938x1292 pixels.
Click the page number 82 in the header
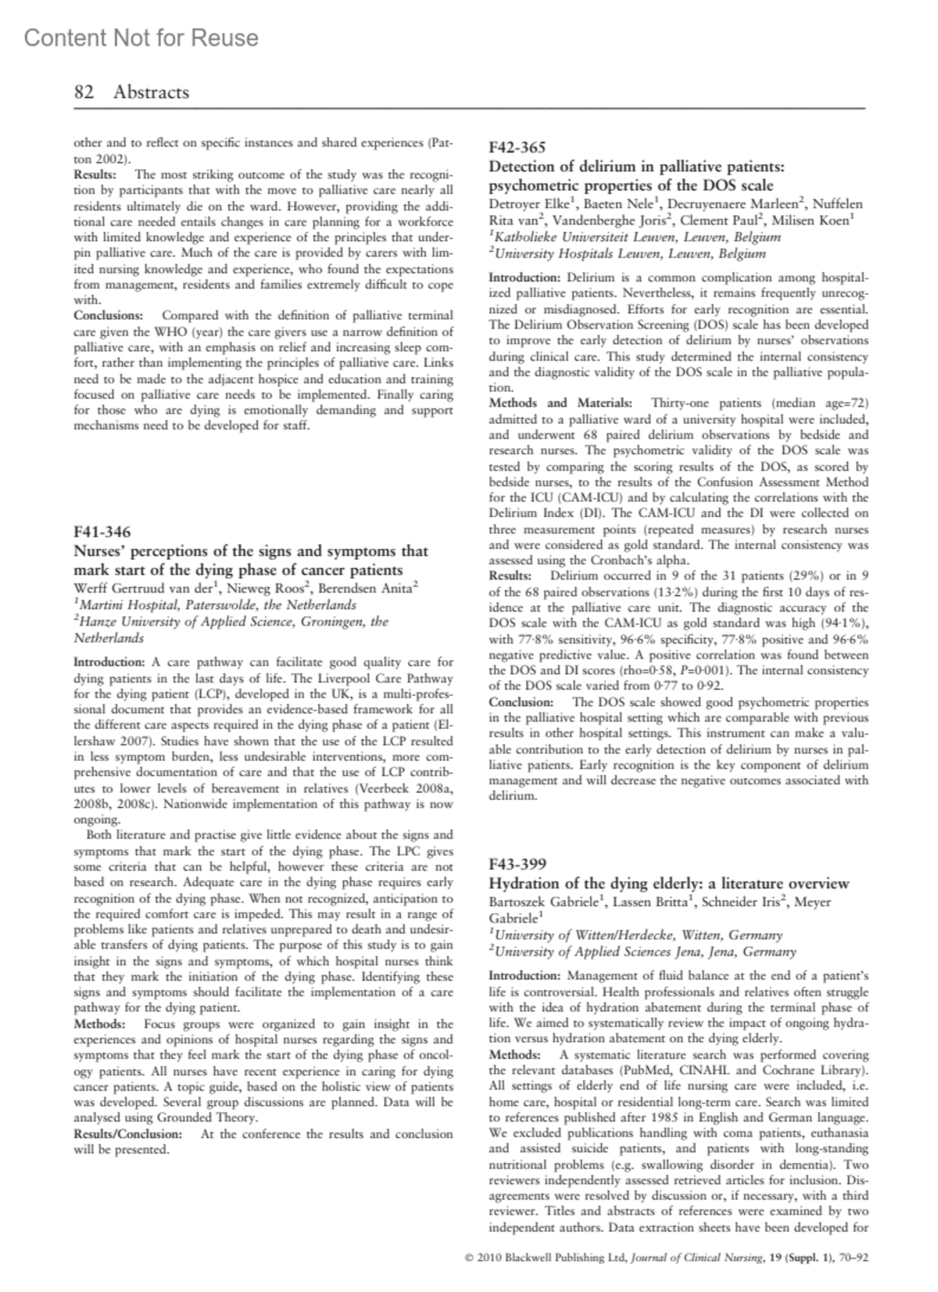coord(84,92)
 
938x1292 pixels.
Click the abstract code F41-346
coord(102,533)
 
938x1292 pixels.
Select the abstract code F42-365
coord(517,147)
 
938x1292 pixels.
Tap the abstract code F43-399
coord(517,864)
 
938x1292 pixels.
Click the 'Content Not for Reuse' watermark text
coord(141,38)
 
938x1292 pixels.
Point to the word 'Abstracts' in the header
coord(151,92)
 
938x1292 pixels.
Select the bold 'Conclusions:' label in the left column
coord(108,316)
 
